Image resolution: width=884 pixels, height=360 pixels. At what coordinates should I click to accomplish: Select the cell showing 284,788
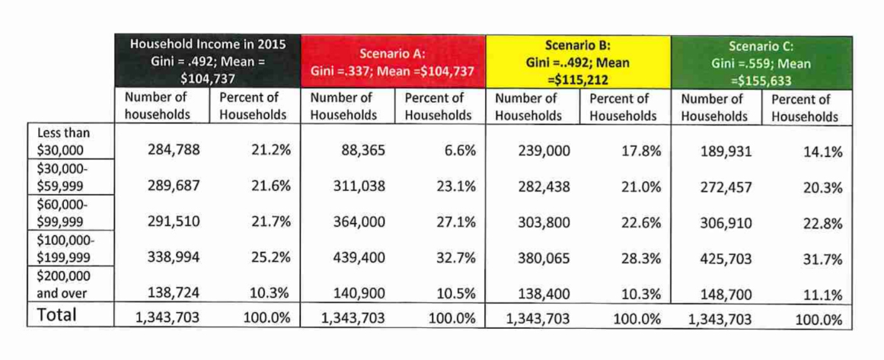pos(174,150)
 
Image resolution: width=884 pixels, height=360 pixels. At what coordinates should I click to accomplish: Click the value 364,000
pos(359,222)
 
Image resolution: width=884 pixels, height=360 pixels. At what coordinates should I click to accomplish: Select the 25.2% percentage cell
pos(271,258)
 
